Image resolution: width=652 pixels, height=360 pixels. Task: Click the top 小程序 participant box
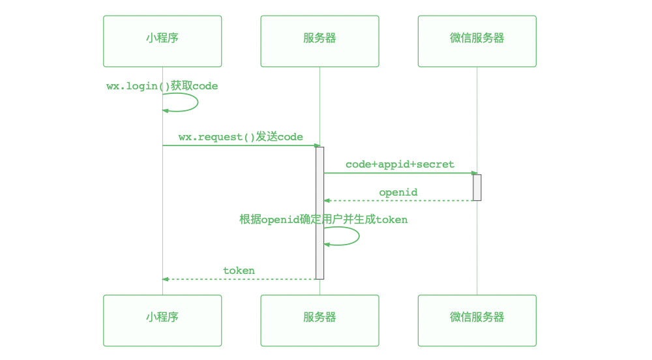coord(162,41)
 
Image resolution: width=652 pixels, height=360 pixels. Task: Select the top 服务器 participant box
coord(319,41)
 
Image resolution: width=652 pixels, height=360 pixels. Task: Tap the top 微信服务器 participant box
coord(477,41)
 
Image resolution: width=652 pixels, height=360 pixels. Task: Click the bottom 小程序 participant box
coord(162,320)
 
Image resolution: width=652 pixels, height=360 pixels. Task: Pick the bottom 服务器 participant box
coord(319,320)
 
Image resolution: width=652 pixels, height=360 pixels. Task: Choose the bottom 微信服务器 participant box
coord(477,320)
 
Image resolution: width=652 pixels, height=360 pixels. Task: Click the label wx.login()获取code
coord(162,86)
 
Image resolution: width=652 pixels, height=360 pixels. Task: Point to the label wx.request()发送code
coord(241,137)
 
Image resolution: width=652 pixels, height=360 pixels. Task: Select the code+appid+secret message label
coord(400,164)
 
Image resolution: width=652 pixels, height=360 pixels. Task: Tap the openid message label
coord(398,192)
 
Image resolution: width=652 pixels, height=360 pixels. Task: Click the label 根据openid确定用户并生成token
coord(323,220)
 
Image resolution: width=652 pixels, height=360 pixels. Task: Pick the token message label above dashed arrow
coord(239,271)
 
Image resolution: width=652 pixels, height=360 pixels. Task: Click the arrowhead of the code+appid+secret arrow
coord(475,173)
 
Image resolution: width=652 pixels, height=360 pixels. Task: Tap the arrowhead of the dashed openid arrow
coord(327,200)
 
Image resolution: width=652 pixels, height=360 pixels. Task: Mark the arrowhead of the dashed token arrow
coord(166,279)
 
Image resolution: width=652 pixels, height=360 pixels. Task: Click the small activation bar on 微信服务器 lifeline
coord(477,187)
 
